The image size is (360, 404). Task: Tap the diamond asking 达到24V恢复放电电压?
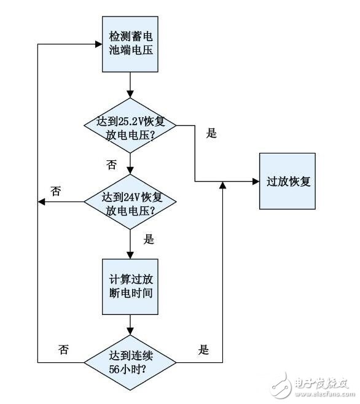point(130,203)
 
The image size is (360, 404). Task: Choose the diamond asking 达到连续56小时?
point(130,362)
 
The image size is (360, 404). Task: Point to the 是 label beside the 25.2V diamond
point(212,134)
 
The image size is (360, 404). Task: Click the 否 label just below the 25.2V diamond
point(111,164)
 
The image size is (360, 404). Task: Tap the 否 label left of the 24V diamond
point(56,191)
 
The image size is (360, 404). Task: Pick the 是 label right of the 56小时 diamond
point(204,350)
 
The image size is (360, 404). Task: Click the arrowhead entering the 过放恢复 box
point(255,181)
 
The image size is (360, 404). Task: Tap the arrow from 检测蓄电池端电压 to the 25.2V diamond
point(130,86)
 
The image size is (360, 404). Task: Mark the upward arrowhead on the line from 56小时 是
point(222,185)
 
